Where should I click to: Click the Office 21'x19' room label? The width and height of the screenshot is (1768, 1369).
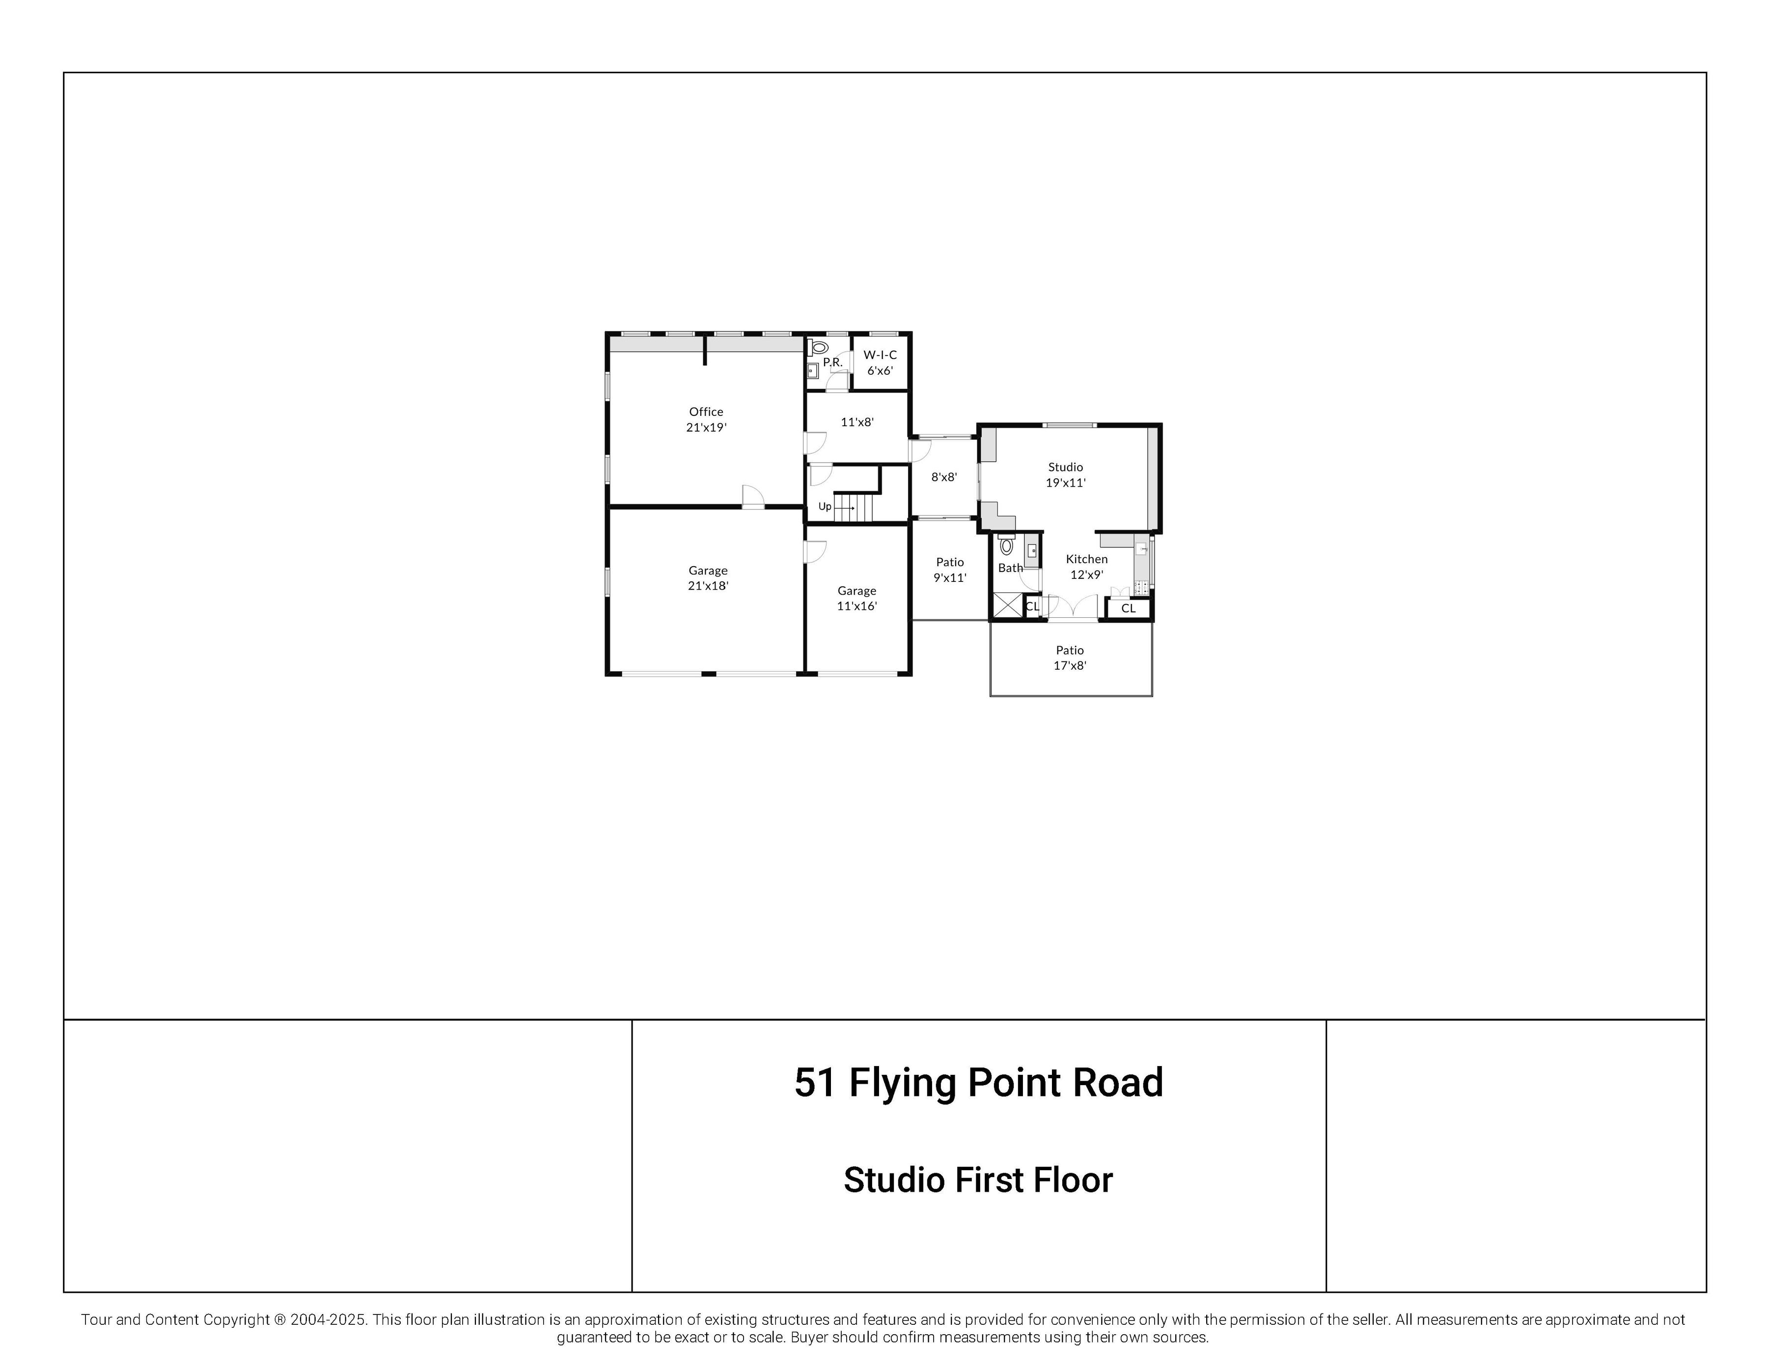pyautogui.click(x=706, y=419)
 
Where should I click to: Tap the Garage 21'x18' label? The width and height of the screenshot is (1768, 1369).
pyautogui.click(x=708, y=578)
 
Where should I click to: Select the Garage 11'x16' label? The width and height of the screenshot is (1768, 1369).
pyautogui.click(x=856, y=598)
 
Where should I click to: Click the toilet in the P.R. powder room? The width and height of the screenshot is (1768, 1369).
pyautogui.click(x=818, y=347)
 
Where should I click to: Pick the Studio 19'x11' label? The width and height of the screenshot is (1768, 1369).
pyautogui.click(x=1065, y=474)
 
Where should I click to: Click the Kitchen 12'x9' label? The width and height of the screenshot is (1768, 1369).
pyautogui.click(x=1086, y=567)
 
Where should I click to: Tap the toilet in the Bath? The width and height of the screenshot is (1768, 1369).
pyautogui.click(x=1006, y=545)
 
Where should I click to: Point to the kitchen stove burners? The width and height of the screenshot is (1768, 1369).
pyautogui.click(x=1141, y=586)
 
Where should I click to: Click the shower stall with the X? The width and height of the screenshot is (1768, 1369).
pyautogui.click(x=1007, y=605)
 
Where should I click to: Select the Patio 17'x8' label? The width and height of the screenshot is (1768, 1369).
pyautogui.click(x=1069, y=657)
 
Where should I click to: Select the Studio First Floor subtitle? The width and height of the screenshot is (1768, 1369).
pyautogui.click(x=978, y=1180)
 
